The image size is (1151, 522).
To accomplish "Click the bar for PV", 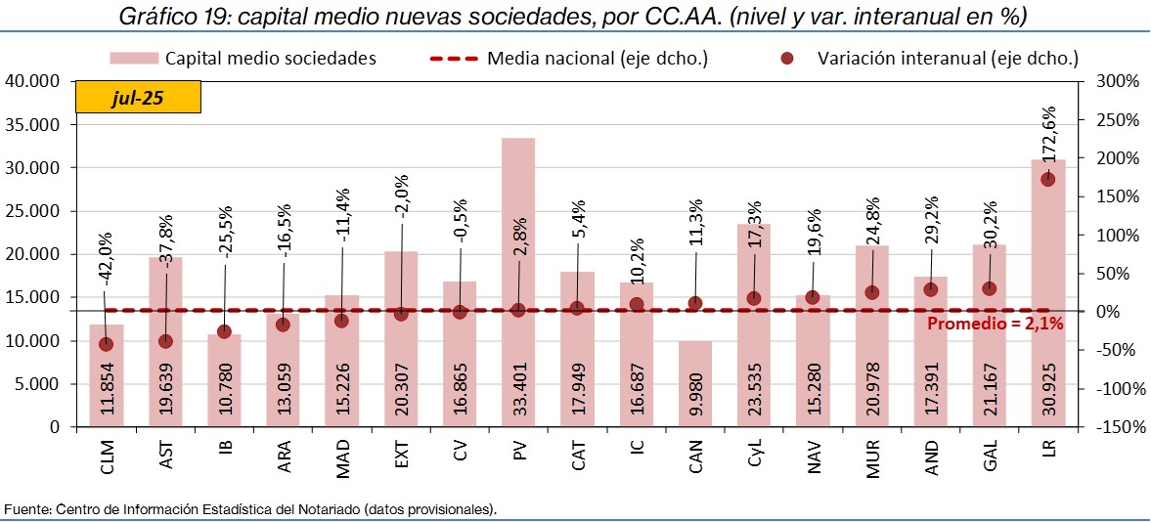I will (x=518, y=244).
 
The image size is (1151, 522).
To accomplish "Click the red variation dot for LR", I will (x=1047, y=179).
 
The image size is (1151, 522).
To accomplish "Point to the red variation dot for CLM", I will (x=107, y=344).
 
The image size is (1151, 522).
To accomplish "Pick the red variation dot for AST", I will (x=165, y=341).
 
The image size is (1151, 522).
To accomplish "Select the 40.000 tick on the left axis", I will (x=32, y=81).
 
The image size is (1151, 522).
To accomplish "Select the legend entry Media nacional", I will (x=597, y=59).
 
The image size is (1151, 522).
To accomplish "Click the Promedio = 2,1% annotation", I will (x=995, y=324).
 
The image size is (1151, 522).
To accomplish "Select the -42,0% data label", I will (x=107, y=258).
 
